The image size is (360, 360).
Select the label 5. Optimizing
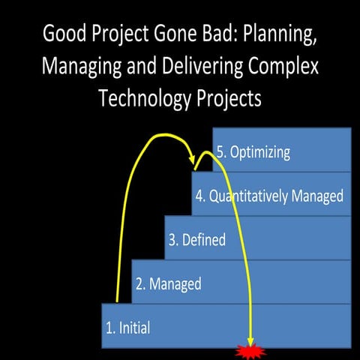point(253,151)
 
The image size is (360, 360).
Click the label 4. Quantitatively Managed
point(269,196)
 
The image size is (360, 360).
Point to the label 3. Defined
point(196,240)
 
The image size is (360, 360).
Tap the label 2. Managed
point(168,283)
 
